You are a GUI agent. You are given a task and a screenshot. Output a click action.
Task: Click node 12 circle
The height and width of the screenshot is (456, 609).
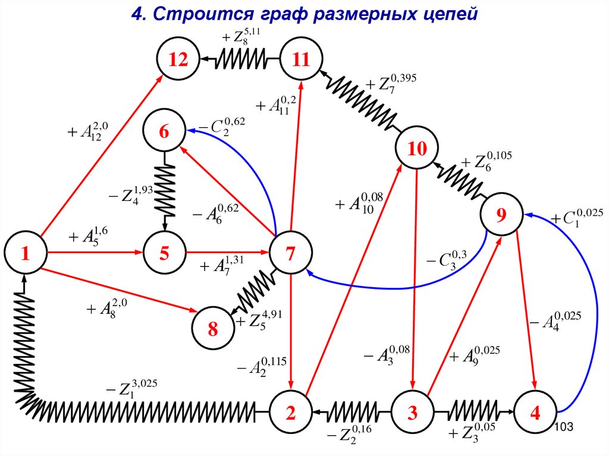tap(178, 59)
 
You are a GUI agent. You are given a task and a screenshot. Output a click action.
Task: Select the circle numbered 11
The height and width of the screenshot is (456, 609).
tap(302, 59)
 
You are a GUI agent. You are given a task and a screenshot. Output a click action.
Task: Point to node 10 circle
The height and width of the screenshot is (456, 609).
tap(417, 149)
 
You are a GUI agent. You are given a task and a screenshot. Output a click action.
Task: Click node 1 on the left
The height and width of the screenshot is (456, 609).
tap(25, 254)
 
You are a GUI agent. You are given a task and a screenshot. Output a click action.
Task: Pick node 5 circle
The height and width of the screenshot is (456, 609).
tap(164, 254)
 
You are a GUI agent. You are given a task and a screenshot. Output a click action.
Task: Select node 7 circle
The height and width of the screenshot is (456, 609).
tap(291, 254)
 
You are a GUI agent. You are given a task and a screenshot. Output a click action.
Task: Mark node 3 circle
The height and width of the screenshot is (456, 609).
tap(412, 412)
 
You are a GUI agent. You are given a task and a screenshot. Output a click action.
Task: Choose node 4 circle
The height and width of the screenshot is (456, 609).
tap(535, 412)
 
